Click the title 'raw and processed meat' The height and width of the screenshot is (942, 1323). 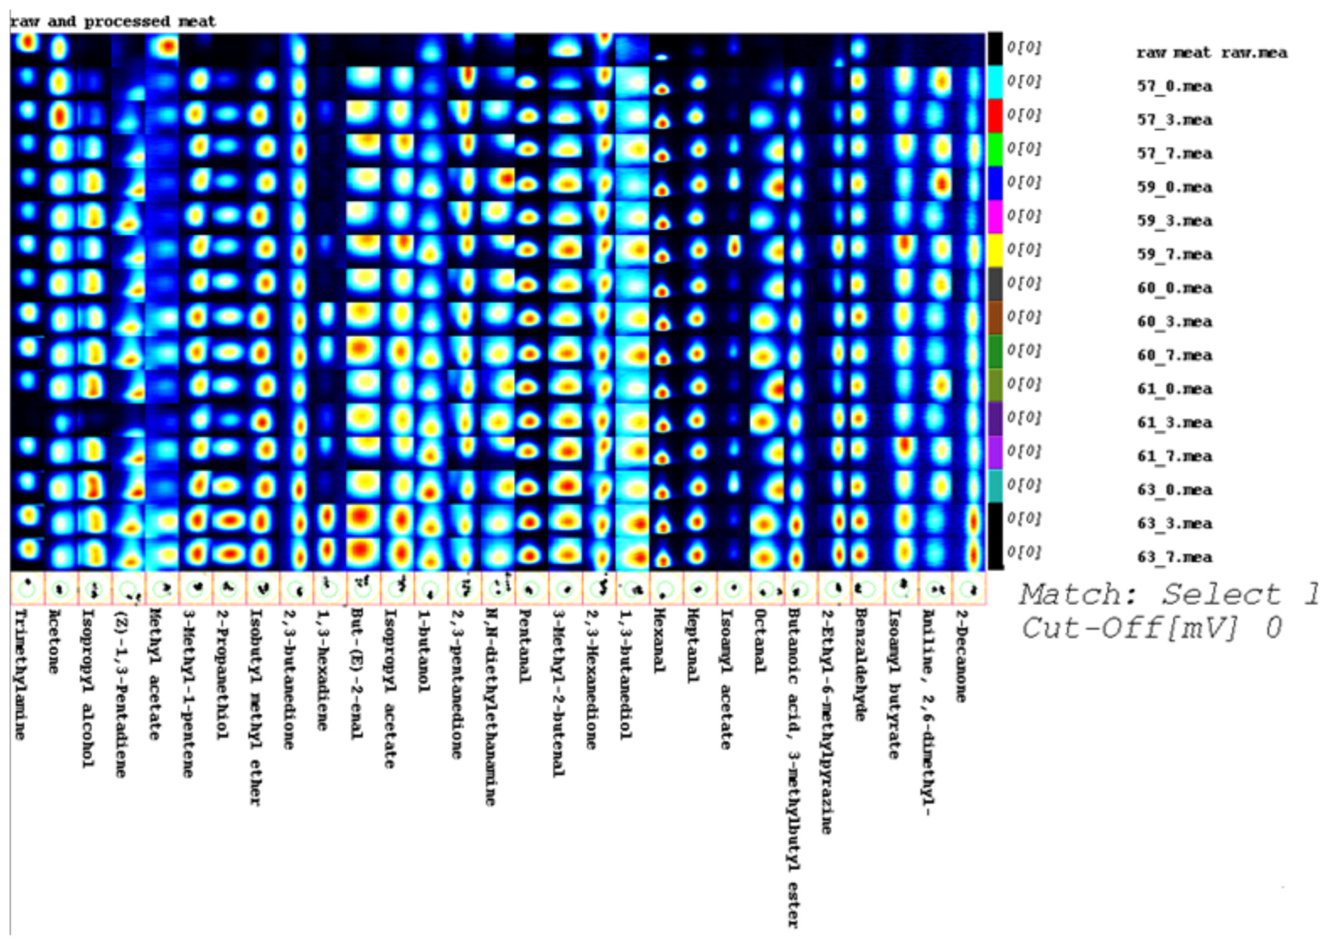113,22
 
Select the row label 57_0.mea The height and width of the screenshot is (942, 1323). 1174,86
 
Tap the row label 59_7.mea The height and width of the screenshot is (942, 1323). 1174,255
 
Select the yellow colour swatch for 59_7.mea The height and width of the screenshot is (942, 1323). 995,250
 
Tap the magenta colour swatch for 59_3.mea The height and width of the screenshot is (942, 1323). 995,216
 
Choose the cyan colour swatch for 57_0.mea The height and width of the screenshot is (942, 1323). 995,82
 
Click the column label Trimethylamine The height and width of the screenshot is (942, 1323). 20,673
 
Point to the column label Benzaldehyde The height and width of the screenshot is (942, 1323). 861,664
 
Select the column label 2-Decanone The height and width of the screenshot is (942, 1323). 961,655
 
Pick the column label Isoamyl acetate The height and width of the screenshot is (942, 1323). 726,679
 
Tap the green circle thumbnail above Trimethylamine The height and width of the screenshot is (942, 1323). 27,589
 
